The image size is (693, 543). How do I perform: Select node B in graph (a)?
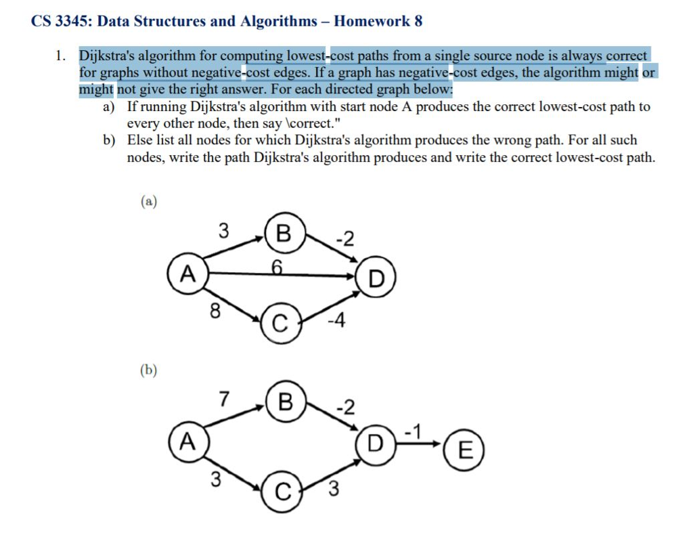point(284,234)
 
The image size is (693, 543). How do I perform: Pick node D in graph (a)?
point(376,278)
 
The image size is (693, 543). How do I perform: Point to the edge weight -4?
point(336,321)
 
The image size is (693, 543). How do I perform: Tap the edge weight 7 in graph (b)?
point(224,399)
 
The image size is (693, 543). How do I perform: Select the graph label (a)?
point(148,201)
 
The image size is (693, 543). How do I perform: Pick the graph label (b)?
point(148,370)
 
